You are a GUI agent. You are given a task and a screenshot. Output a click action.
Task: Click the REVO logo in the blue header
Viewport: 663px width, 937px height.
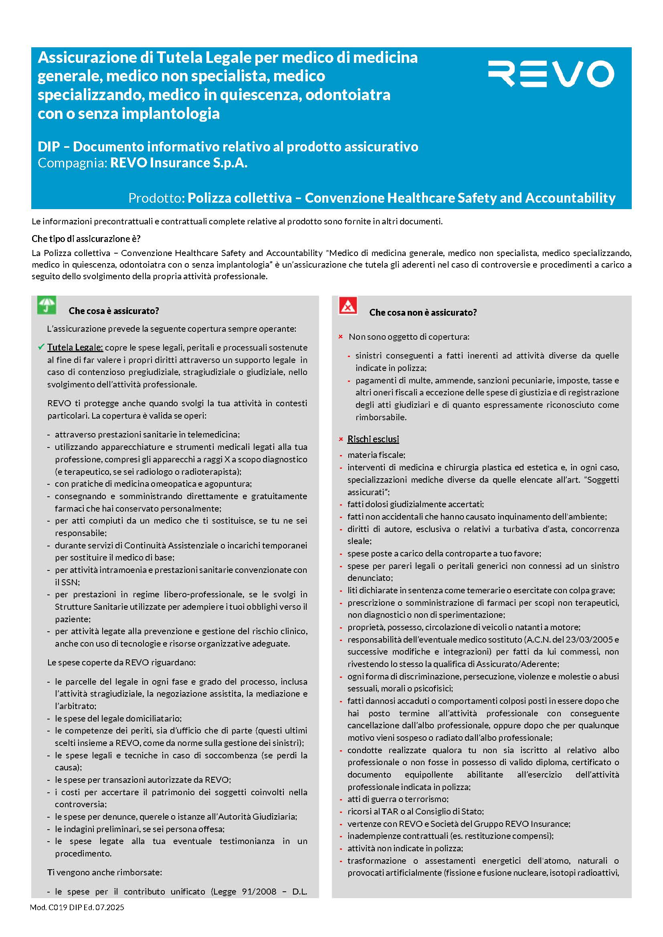point(551,74)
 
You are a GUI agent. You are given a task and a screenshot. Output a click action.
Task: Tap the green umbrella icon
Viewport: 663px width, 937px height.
point(46,305)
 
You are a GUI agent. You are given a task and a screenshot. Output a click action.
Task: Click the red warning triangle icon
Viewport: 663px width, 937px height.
point(348,306)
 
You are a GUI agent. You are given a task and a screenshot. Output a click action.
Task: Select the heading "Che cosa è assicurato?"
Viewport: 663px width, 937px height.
point(113,311)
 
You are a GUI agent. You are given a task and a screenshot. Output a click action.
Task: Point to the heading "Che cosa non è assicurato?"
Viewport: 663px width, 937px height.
point(423,312)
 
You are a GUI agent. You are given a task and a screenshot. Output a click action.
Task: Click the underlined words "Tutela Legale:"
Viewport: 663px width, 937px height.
point(75,347)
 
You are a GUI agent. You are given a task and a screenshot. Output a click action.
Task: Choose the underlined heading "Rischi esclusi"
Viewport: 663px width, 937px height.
point(373,439)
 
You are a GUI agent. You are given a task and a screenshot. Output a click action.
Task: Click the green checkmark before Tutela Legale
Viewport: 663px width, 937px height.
point(41,347)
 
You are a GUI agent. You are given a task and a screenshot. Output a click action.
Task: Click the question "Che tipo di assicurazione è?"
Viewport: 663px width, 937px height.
point(86,239)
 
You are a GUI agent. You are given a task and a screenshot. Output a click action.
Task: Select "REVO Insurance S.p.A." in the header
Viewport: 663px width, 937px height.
point(179,163)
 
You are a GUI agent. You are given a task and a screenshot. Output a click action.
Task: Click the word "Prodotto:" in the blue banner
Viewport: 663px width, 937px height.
point(156,198)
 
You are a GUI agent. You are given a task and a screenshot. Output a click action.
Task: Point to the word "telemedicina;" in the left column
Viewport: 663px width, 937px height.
point(216,435)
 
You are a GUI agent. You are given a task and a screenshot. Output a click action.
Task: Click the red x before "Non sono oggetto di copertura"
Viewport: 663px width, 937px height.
point(340,337)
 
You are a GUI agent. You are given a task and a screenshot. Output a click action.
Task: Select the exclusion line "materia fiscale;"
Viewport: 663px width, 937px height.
point(376,455)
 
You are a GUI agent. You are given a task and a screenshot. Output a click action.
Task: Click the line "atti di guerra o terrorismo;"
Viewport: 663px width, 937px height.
point(398,799)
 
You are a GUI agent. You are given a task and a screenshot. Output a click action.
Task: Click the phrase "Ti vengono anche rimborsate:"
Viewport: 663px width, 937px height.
point(105,872)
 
